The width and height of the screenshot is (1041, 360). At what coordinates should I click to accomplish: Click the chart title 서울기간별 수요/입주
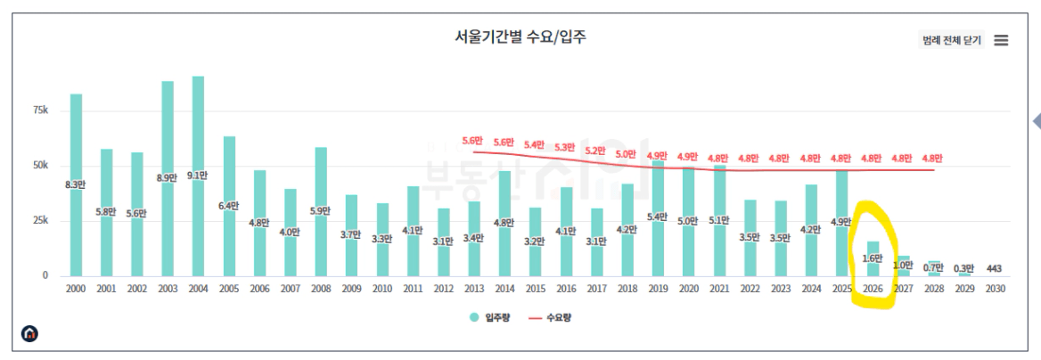tap(520, 37)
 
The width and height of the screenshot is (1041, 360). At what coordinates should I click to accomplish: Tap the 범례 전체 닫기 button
tap(951, 40)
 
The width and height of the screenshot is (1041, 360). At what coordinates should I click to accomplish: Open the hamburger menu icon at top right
tap(1001, 40)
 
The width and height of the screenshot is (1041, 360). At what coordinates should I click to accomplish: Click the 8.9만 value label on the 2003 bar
tap(168, 177)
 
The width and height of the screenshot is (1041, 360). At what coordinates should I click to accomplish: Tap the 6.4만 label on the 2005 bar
tap(229, 206)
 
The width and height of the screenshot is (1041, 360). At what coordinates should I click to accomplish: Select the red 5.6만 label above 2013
tap(472, 141)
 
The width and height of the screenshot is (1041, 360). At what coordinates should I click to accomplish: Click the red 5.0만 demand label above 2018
tap(626, 154)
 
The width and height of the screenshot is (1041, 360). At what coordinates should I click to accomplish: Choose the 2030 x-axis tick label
tap(996, 289)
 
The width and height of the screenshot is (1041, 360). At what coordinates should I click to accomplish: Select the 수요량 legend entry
tap(550, 316)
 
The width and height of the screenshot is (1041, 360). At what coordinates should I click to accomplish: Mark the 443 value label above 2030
tap(996, 268)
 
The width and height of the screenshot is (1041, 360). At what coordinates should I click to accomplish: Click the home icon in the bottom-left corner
tap(30, 334)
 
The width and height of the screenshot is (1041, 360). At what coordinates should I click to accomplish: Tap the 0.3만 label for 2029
tap(965, 268)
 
